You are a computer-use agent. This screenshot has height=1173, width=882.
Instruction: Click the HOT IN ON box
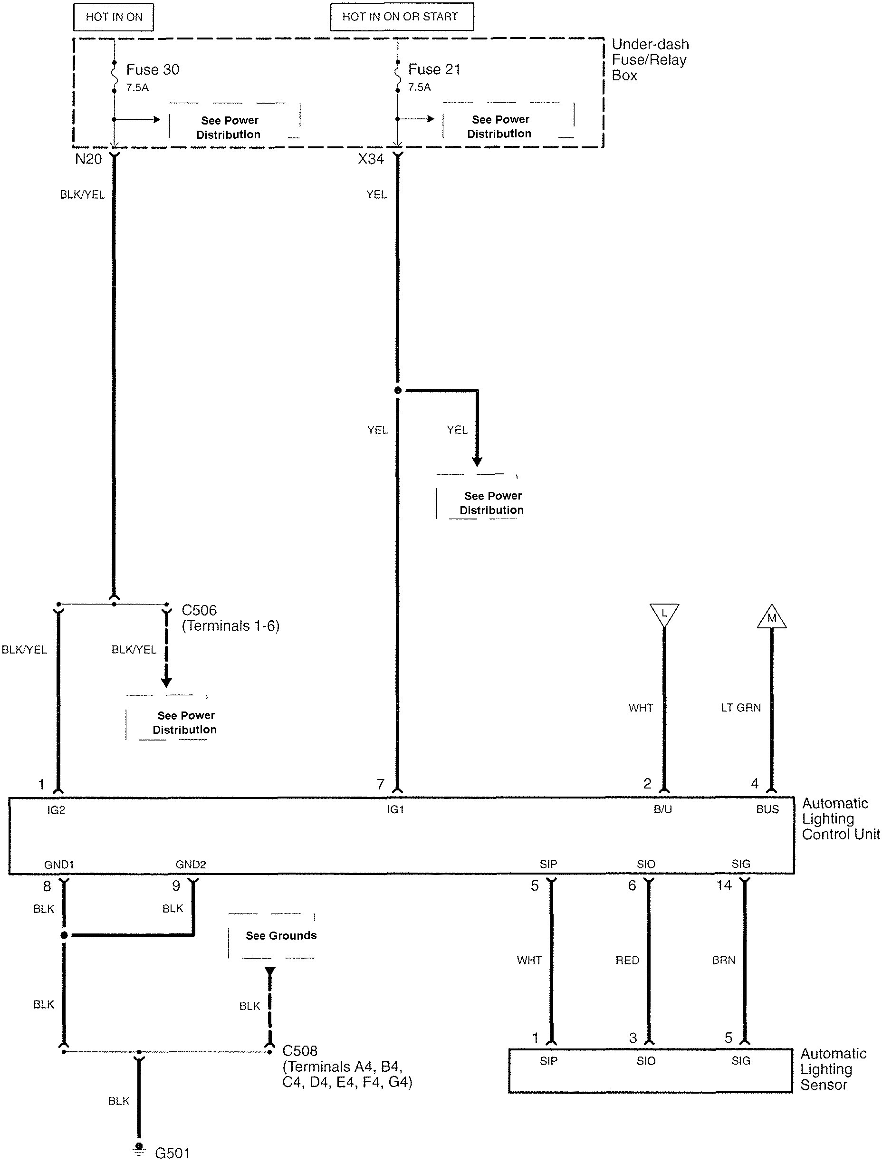tap(114, 17)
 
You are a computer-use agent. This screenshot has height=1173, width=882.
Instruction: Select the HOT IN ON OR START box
tap(402, 17)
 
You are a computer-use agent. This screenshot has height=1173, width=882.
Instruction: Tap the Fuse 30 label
tap(152, 69)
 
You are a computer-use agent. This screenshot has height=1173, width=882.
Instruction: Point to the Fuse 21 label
tap(434, 69)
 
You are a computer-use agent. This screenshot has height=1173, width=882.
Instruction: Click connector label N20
tap(88, 159)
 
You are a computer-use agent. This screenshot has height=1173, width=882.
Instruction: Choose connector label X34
tap(371, 159)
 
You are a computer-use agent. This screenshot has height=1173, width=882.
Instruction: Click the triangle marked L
tap(664, 614)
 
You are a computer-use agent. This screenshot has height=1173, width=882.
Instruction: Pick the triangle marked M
tap(772, 617)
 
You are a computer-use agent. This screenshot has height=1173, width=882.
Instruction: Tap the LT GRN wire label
tap(740, 707)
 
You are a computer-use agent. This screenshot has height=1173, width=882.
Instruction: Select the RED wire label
tap(627, 960)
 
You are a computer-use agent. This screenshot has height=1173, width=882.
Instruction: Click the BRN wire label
tap(723, 960)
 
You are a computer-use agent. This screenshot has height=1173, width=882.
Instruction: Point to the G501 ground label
tap(173, 1153)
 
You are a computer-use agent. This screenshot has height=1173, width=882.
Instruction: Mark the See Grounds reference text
tap(281, 935)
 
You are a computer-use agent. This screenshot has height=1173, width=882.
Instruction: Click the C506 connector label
tap(200, 610)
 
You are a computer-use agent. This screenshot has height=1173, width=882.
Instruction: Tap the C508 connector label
tap(300, 1050)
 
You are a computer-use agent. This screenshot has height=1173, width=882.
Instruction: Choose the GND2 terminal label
tap(191, 865)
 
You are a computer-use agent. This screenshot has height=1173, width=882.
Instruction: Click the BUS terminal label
tap(767, 809)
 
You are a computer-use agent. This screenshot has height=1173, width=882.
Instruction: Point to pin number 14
tap(724, 885)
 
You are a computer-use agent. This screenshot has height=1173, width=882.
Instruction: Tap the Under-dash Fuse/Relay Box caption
tap(650, 59)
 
